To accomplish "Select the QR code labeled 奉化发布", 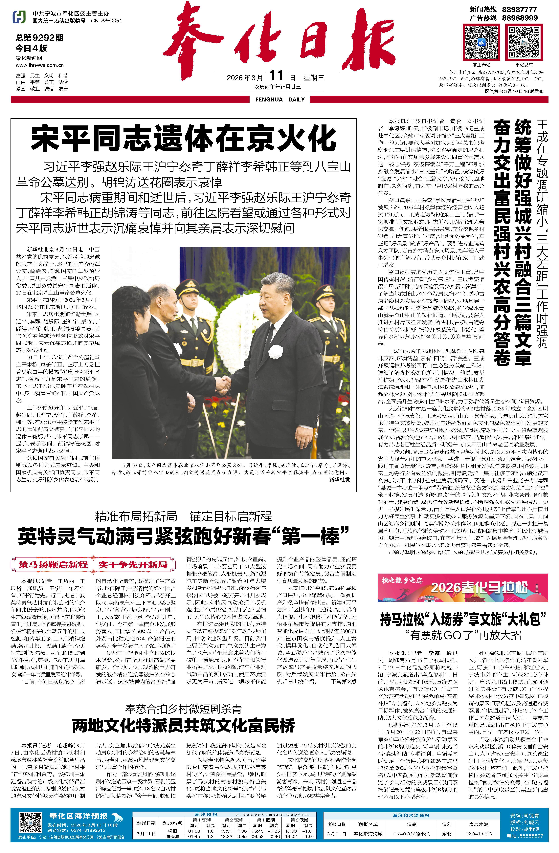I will (524, 42).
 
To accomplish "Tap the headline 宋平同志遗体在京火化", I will (184, 138).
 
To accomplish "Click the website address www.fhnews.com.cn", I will (39, 65).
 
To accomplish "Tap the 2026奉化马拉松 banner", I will (463, 587).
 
